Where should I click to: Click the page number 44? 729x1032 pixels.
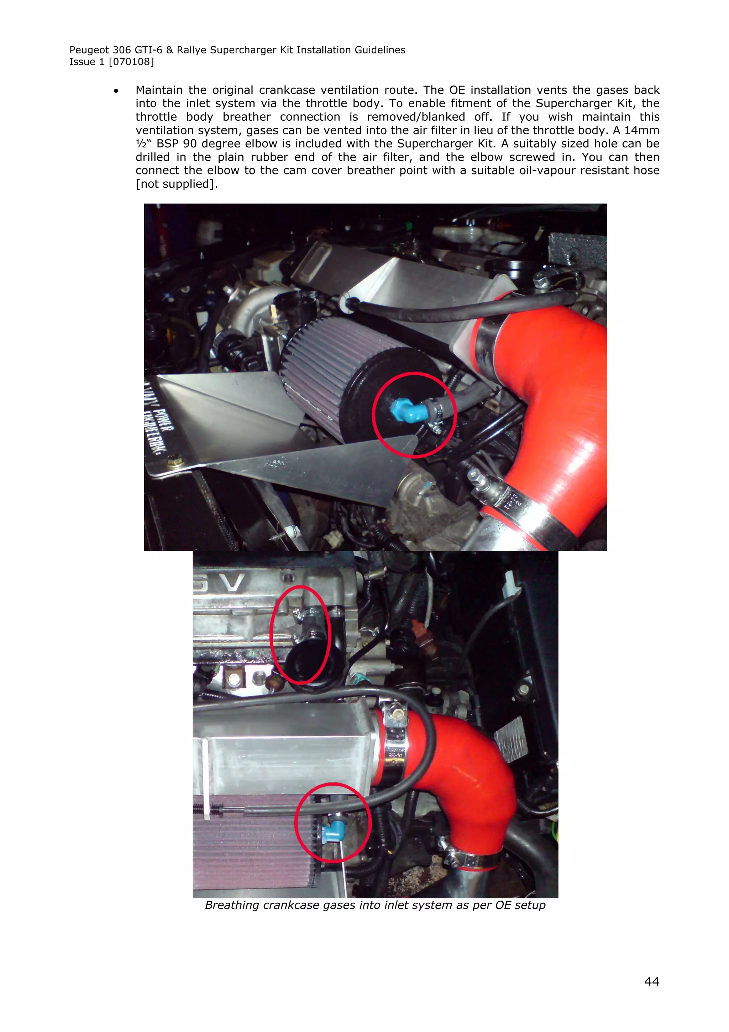[651, 981]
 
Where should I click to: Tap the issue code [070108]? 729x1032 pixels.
[131, 62]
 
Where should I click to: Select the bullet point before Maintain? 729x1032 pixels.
[116, 91]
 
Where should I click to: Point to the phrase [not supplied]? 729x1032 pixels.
[177, 184]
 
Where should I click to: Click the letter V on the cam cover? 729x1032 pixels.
[232, 583]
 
